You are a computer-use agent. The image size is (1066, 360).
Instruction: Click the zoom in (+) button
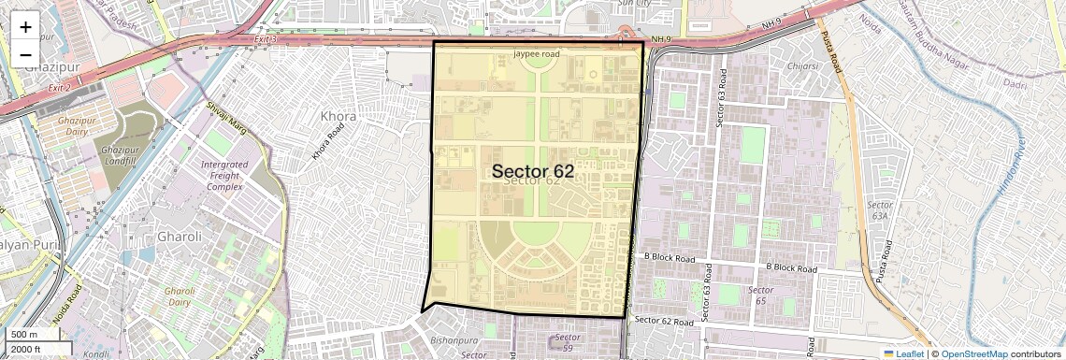coord(25,26)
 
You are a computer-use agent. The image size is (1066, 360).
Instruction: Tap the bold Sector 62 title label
coord(532,171)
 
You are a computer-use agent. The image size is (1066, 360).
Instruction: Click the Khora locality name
coord(338,116)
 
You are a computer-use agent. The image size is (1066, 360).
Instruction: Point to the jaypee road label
coord(537,54)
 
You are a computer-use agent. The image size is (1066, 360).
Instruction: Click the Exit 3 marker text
coord(266,39)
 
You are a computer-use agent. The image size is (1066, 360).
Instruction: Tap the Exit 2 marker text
coord(60,87)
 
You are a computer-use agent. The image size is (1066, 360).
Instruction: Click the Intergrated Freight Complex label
coord(223,175)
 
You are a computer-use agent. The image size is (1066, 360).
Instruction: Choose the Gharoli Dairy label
coord(180,296)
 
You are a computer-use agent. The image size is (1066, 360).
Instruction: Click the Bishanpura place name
coord(456,342)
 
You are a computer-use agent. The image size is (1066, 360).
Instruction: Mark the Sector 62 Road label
coord(666,320)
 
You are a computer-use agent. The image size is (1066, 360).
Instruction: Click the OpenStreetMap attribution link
coord(973,353)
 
